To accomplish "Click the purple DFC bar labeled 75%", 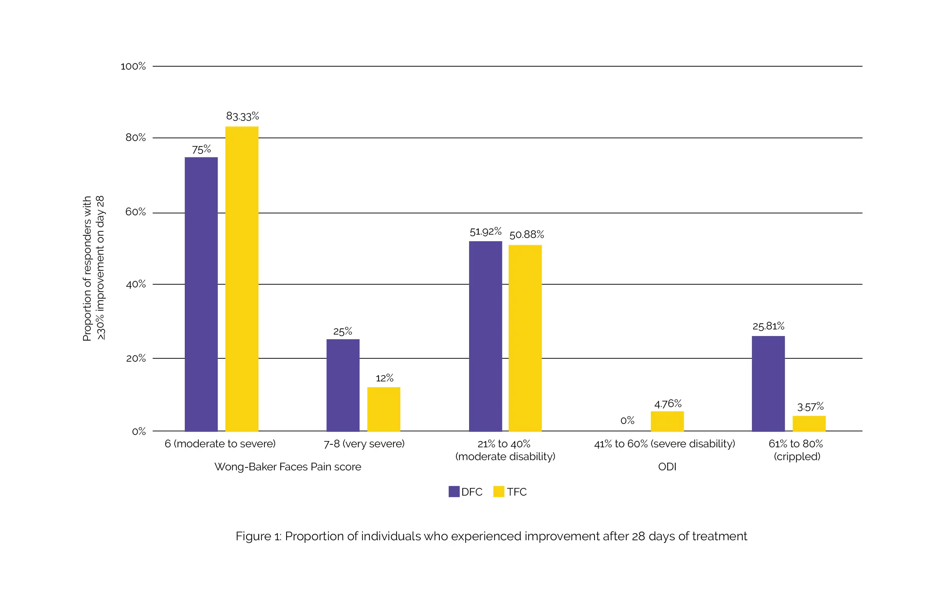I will (201, 294).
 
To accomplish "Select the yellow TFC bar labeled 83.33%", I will (241, 278).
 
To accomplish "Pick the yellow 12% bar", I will (383, 409).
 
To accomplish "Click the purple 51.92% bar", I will (485, 336).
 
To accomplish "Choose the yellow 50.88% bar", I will (525, 338).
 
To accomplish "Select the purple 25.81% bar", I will (768, 384).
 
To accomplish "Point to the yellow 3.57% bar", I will (809, 423).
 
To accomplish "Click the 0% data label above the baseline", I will (627, 421).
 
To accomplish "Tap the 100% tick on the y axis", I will (133, 66).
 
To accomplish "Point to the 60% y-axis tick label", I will (135, 212).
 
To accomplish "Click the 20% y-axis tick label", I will (136, 358).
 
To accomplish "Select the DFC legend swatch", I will (454, 492).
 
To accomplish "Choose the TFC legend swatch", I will (498, 492).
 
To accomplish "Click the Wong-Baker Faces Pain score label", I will (287, 467).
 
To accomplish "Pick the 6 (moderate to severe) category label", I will (220, 444).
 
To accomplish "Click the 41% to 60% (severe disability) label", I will (664, 444).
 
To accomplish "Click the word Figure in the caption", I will (253, 536).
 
